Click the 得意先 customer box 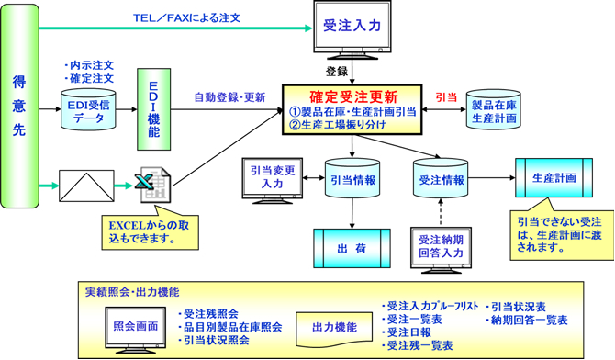[x=20, y=106]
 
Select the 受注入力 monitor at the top [x=352, y=29]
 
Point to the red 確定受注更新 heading [x=351, y=95]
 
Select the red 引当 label [x=444, y=96]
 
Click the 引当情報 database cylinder [x=352, y=181]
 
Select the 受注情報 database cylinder [x=439, y=181]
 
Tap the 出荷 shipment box [x=352, y=247]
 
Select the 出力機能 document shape [x=328, y=325]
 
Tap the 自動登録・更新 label [x=229, y=96]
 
